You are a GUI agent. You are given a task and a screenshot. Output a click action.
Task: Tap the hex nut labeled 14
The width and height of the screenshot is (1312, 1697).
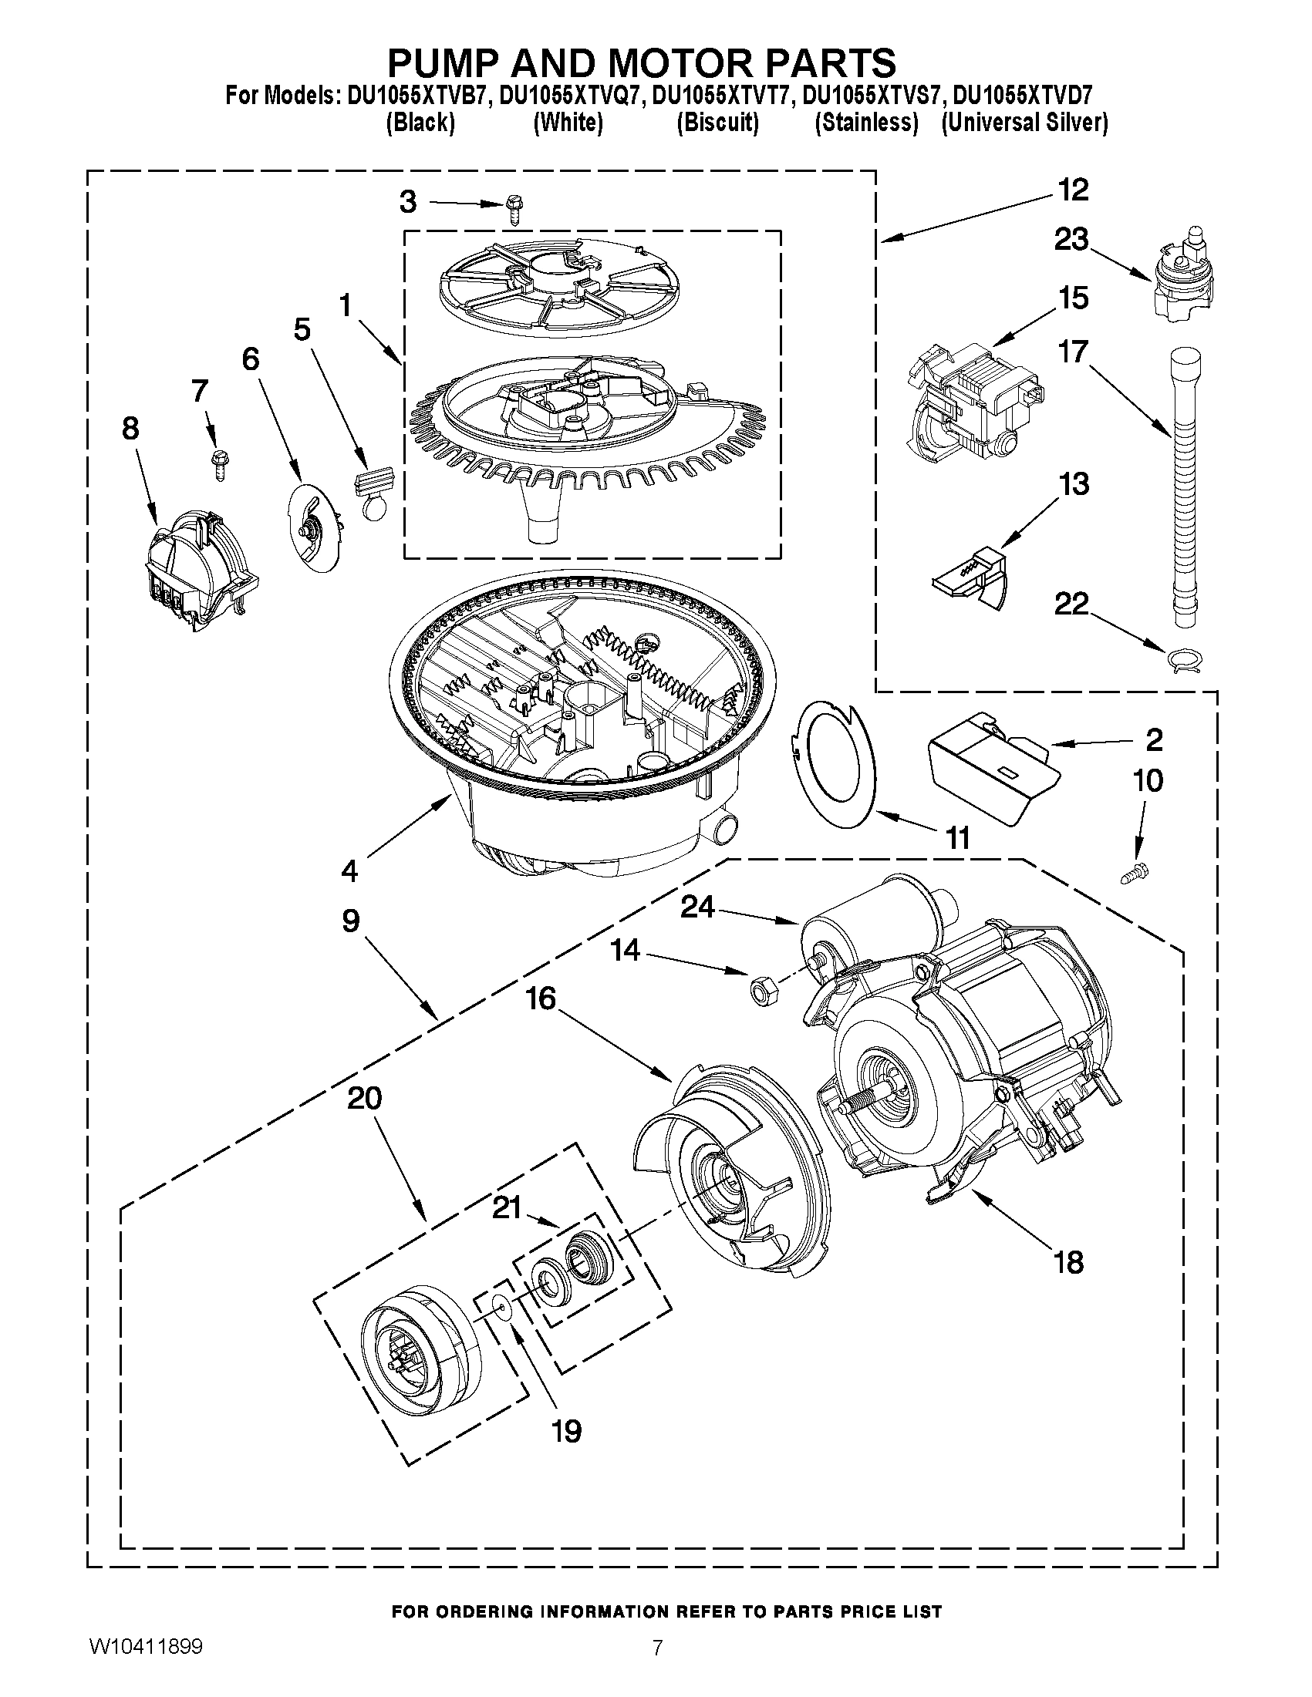click(758, 991)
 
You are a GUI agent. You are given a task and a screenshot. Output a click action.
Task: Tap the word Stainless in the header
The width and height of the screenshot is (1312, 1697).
click(867, 123)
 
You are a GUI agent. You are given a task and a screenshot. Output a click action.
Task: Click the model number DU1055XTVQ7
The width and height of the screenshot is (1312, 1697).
click(569, 96)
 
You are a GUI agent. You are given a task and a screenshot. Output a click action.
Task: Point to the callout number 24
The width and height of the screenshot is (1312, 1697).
click(697, 907)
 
